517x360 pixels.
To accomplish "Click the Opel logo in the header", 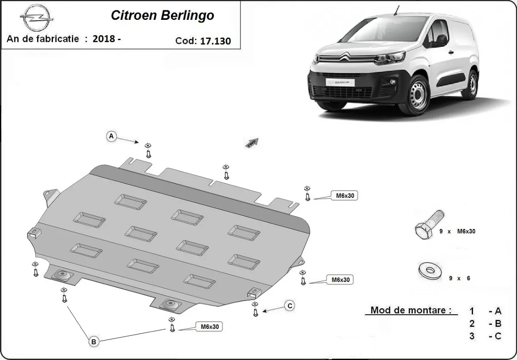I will coord(37,19).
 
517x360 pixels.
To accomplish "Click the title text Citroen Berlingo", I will coord(162,16).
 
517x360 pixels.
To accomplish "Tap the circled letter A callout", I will coord(111,136).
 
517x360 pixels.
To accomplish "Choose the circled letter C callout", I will coord(290,306).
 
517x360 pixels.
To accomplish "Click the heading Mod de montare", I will coord(411,310).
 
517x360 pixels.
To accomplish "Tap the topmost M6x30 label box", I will coord(344,196).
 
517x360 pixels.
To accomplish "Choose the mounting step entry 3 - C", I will coord(486,336).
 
